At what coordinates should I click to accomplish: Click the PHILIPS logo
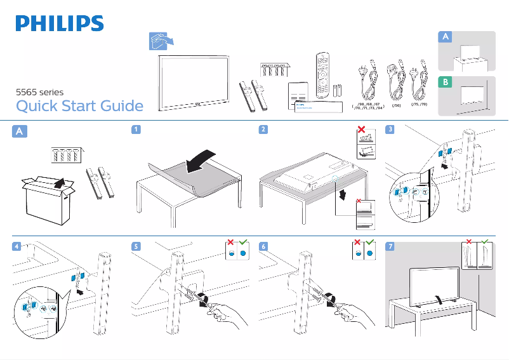[60, 23]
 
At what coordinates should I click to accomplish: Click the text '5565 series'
[39, 92]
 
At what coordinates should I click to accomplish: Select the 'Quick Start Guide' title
[79, 105]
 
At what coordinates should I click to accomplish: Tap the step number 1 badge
[135, 130]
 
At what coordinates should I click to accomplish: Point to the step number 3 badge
[390, 130]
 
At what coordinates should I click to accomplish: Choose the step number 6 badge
[263, 245]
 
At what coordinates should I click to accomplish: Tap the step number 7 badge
[390, 245]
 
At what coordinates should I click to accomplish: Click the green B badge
[446, 83]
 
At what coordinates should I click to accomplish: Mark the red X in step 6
[357, 243]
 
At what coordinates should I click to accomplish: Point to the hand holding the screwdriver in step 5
[225, 314]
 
